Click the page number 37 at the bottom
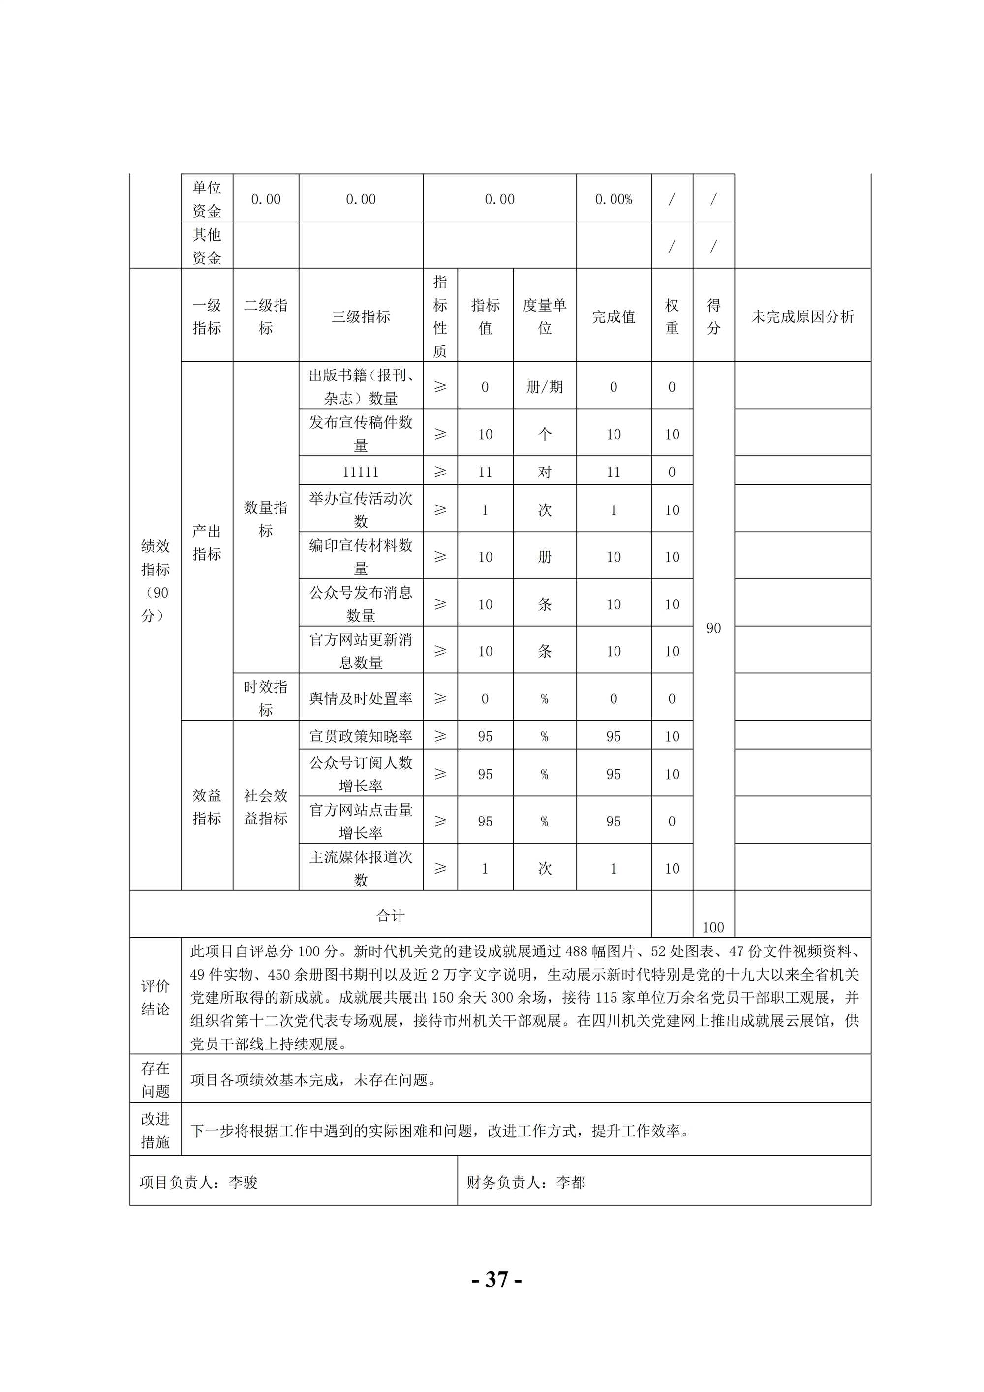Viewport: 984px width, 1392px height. (x=496, y=1280)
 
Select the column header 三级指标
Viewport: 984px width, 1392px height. (x=361, y=316)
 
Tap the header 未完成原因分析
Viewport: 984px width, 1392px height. (x=802, y=316)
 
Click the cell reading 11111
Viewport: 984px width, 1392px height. (x=361, y=472)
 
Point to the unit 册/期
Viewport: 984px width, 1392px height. (x=544, y=387)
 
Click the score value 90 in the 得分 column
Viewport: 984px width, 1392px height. (x=713, y=628)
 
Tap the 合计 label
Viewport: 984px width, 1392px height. (x=390, y=916)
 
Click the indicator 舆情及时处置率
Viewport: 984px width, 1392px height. (x=361, y=698)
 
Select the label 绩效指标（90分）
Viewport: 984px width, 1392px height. (x=155, y=581)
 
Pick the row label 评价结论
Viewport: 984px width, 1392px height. (x=155, y=997)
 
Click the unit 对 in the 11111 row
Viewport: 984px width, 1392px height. (x=544, y=472)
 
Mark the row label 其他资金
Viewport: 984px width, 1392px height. (x=207, y=246)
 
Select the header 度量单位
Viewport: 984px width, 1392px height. (x=544, y=316)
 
